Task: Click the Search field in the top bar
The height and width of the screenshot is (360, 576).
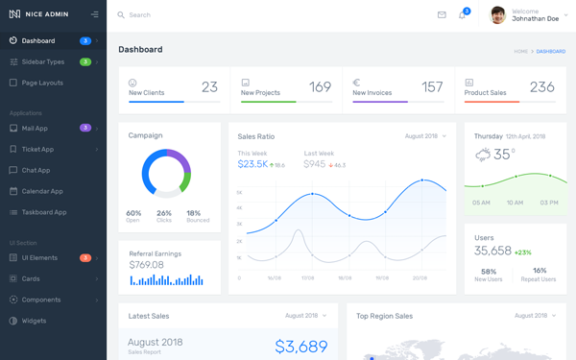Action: tap(192, 15)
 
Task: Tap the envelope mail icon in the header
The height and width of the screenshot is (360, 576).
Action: tap(442, 15)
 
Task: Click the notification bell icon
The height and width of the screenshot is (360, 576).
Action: tap(462, 15)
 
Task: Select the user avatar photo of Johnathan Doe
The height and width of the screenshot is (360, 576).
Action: tap(498, 15)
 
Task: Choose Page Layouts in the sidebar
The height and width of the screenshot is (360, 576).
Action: tap(42, 83)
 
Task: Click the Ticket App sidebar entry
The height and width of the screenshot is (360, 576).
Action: tap(37, 149)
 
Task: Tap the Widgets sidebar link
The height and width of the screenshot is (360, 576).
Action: tap(34, 321)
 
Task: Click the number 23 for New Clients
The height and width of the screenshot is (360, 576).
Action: tap(209, 87)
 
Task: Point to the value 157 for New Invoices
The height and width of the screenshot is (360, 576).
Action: tap(432, 87)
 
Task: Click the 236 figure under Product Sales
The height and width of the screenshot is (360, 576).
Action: tap(541, 87)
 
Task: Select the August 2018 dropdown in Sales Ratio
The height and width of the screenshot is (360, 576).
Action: tap(425, 136)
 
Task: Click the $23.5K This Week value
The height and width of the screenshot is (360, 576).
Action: tap(252, 164)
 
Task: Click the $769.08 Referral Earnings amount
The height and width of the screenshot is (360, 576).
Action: tap(146, 265)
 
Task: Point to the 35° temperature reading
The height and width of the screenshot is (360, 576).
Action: tap(504, 155)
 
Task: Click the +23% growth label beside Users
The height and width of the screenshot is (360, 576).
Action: tap(523, 252)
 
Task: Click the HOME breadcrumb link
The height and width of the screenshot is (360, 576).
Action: tap(520, 51)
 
